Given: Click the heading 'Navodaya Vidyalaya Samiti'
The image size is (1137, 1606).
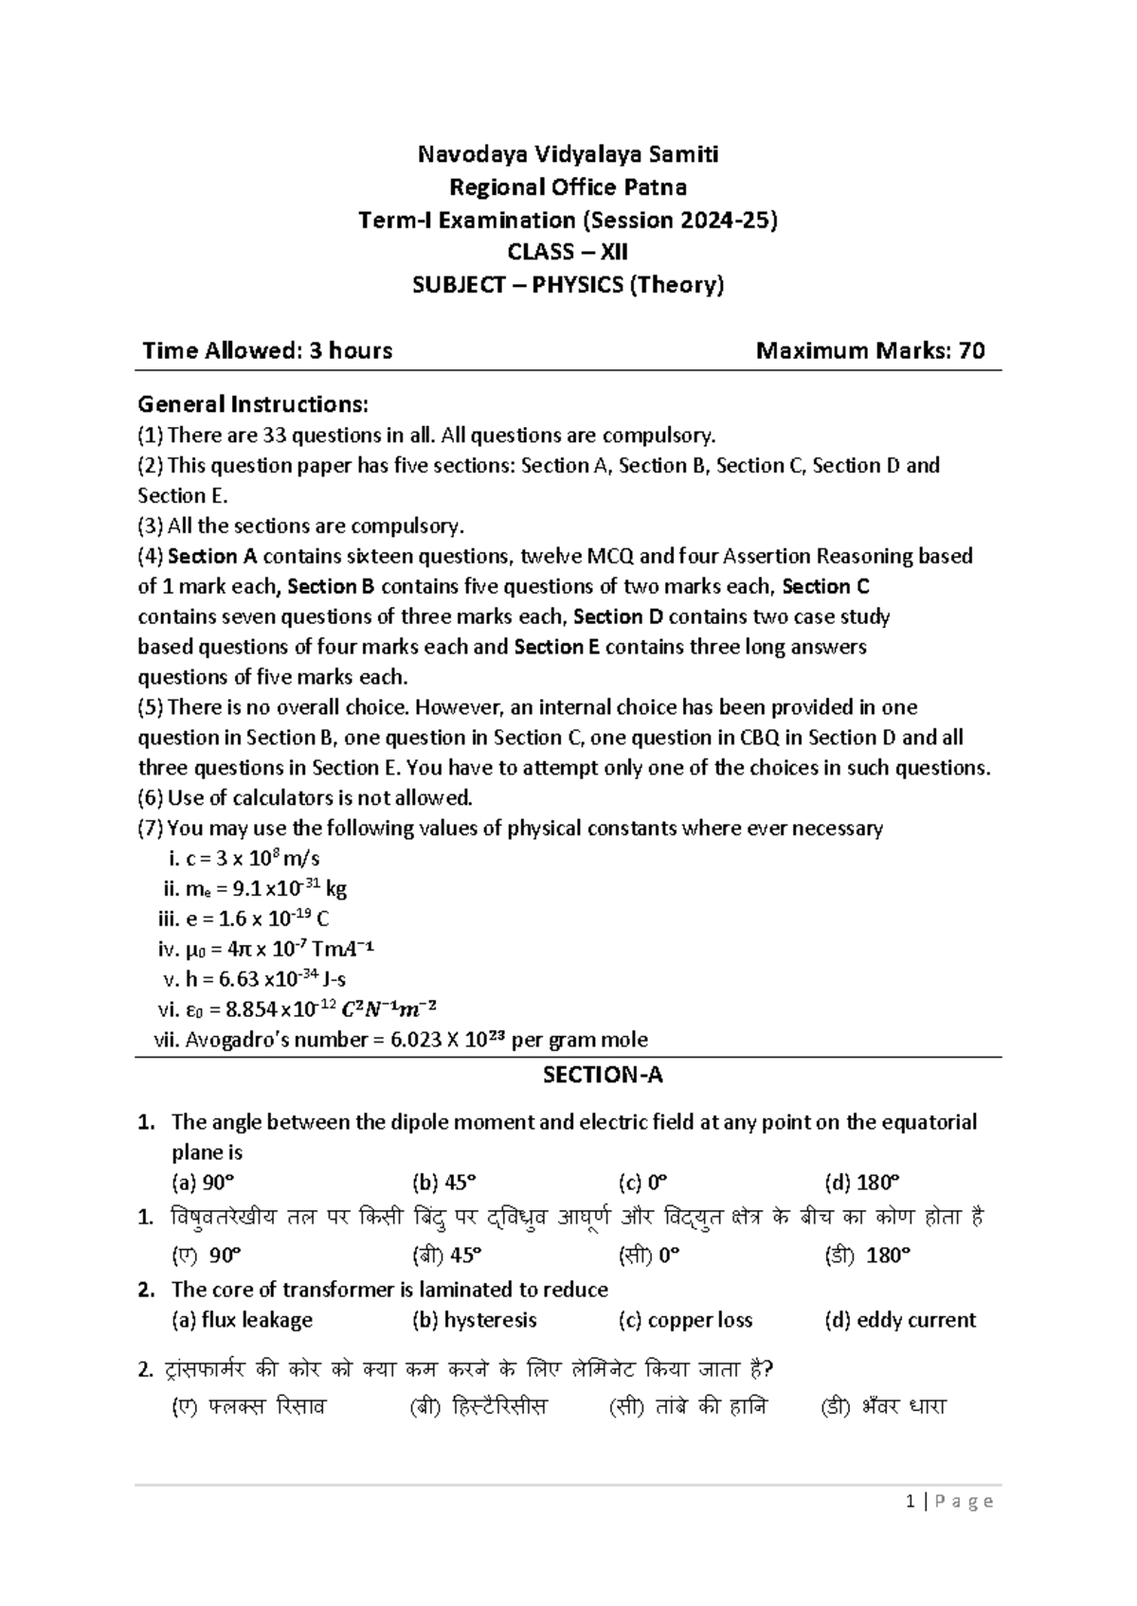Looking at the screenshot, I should pyautogui.click(x=568, y=153).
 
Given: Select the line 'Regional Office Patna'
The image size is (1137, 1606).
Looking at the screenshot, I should pyautogui.click(x=568, y=187).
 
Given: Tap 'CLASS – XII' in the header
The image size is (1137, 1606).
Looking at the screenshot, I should pyautogui.click(x=568, y=252).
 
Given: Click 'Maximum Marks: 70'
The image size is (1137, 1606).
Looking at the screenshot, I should pyautogui.click(x=870, y=351).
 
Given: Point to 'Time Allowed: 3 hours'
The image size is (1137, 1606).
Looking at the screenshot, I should pyautogui.click(x=267, y=351).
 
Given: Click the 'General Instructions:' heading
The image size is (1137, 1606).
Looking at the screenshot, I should pyautogui.click(x=253, y=404).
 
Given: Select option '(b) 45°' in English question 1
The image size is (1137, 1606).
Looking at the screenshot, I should pyautogui.click(x=444, y=1183).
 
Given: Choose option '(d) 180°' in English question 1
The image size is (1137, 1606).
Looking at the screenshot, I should pyautogui.click(x=861, y=1183).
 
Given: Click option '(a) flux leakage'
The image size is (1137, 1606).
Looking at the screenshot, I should pyautogui.click(x=242, y=1320).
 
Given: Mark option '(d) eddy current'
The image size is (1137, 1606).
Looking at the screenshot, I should pyautogui.click(x=900, y=1320).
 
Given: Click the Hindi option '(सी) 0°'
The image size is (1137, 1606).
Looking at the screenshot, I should pyautogui.click(x=649, y=1256).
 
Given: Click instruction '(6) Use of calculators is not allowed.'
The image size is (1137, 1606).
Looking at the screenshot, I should pyautogui.click(x=305, y=798).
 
